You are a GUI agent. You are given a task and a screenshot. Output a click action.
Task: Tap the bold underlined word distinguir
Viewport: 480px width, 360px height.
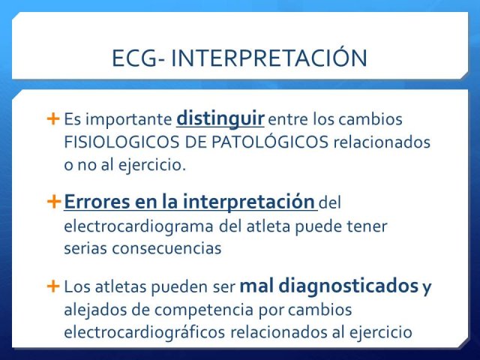tap(220, 119)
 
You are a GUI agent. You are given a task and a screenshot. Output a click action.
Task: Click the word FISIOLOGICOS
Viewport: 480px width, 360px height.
tap(121, 142)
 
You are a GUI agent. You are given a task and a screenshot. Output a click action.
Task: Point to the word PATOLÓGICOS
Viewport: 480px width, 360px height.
tap(270, 142)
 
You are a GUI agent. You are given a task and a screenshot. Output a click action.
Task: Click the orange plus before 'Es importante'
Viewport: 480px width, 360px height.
tap(53, 119)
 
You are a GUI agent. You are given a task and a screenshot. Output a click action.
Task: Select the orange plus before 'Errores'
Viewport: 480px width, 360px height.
tap(54, 202)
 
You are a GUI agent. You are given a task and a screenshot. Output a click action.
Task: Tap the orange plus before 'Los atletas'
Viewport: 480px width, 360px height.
tap(53, 286)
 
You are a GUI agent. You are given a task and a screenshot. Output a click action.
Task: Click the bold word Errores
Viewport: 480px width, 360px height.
tap(97, 202)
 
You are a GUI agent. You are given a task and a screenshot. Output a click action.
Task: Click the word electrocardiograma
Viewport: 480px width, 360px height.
tap(139, 226)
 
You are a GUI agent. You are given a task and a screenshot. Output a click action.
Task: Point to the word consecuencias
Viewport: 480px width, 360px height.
tap(166, 248)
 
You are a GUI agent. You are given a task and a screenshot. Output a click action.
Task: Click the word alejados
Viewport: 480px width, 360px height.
tap(95, 310)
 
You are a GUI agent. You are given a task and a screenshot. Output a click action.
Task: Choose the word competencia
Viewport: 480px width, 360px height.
tap(204, 310)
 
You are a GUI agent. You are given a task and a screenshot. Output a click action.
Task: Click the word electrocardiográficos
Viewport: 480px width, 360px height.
tap(145, 332)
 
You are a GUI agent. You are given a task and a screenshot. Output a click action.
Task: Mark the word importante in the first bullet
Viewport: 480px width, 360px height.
tap(128, 120)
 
